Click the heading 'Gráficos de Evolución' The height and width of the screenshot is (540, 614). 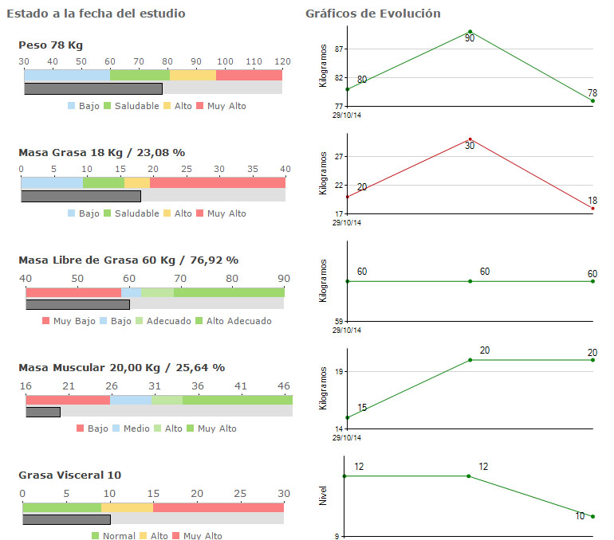click(x=372, y=14)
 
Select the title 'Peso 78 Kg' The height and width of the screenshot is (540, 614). click(x=50, y=45)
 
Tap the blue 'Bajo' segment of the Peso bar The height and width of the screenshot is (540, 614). click(x=67, y=75)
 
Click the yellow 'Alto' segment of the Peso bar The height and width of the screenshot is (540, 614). click(x=192, y=75)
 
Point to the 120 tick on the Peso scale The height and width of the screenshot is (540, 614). click(x=282, y=61)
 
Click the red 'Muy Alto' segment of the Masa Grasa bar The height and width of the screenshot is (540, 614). click(x=217, y=182)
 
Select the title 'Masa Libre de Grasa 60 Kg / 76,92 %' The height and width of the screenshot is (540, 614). click(x=128, y=260)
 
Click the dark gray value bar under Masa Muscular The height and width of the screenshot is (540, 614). click(x=43, y=412)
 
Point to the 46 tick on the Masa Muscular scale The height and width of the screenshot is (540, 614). click(x=284, y=386)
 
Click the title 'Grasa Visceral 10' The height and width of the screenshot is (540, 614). click(x=69, y=475)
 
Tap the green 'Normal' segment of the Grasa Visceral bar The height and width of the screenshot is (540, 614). click(x=61, y=507)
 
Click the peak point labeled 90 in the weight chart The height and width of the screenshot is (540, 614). click(x=470, y=32)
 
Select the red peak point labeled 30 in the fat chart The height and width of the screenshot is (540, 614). click(x=470, y=139)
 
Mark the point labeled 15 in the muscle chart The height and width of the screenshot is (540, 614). click(x=348, y=417)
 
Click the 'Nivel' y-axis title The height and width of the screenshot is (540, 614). click(x=323, y=496)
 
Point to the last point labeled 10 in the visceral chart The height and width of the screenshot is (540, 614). click(x=592, y=517)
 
